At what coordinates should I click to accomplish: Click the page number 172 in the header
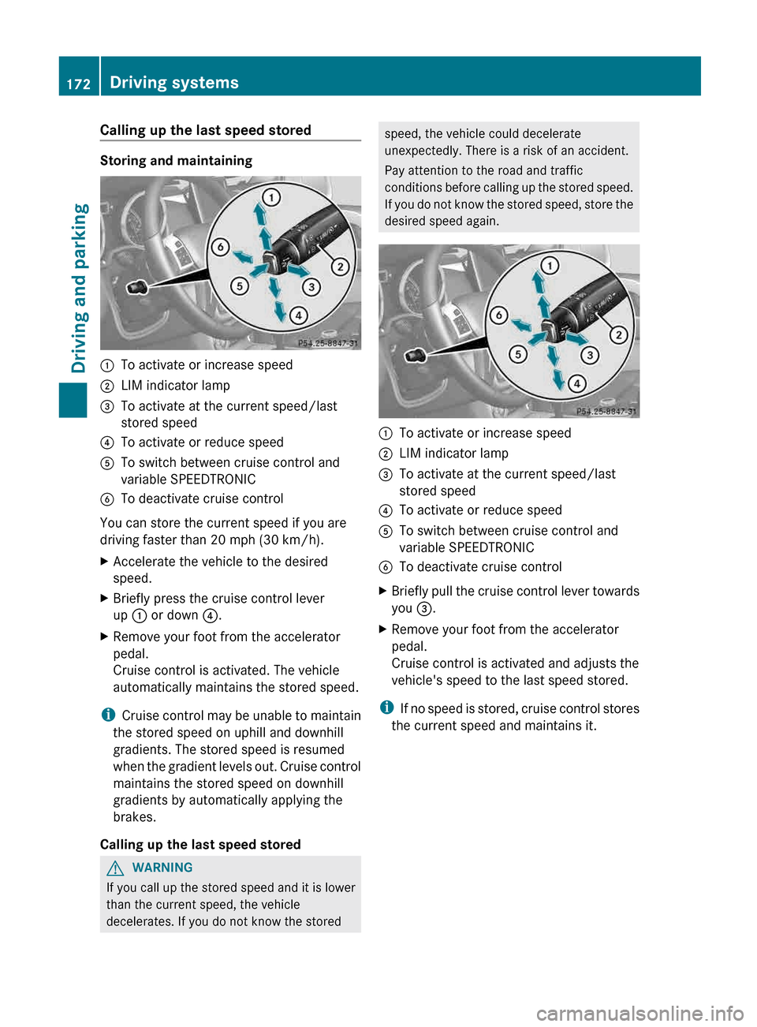point(78,84)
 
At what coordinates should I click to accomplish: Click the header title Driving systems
point(174,83)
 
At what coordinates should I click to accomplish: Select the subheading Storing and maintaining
point(176,161)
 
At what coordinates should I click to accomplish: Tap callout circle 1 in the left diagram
point(270,197)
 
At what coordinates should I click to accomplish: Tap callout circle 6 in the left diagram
point(220,247)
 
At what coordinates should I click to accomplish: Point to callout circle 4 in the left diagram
point(298,316)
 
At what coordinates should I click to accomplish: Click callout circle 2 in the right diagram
point(618,335)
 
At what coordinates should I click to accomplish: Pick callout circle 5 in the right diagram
point(518,354)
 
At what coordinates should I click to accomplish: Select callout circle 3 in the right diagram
point(590,355)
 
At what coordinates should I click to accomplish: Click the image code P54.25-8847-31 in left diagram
point(328,343)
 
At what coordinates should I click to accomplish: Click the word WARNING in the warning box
point(162,868)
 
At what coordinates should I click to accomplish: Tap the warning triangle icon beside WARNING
point(116,868)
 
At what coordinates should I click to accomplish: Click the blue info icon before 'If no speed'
point(386,708)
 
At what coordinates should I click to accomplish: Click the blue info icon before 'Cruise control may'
point(108,715)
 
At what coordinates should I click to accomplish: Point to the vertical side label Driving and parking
point(80,288)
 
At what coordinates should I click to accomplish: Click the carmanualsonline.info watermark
point(640,1013)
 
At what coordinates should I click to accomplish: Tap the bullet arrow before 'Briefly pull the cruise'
point(383,591)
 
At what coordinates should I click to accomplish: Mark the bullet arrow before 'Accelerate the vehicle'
point(105,562)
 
